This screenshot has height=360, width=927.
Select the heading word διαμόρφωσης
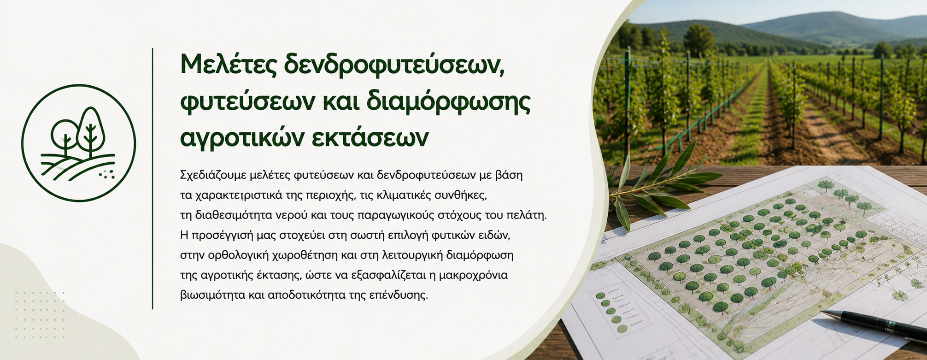[x=448, y=104]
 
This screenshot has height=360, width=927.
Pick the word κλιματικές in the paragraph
[x=404, y=195]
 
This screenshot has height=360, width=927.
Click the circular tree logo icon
[x=79, y=143]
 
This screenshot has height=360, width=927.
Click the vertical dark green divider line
[x=153, y=178]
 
